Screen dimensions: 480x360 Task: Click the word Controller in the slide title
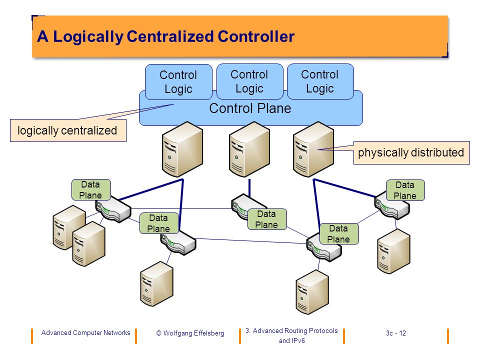pyautogui.click(x=256, y=36)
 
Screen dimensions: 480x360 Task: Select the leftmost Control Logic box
pyautogui.click(x=178, y=81)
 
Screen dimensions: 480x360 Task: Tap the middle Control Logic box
pyautogui.click(x=249, y=81)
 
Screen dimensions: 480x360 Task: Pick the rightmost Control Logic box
pyautogui.click(x=320, y=81)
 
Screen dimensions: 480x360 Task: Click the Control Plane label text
pyautogui.click(x=250, y=108)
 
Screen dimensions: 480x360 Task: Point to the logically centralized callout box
pyautogui.click(x=68, y=130)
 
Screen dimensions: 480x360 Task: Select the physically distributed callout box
pyautogui.click(x=411, y=152)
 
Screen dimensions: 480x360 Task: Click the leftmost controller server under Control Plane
pyautogui.click(x=182, y=149)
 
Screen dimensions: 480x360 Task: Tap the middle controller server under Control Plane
pyautogui.click(x=249, y=149)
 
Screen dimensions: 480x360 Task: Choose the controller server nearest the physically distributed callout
pyautogui.click(x=313, y=149)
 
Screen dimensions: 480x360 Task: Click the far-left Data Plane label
pyautogui.click(x=91, y=190)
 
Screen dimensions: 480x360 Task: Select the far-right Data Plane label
pyautogui.click(x=405, y=190)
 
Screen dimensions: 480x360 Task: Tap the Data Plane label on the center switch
pyautogui.click(x=267, y=219)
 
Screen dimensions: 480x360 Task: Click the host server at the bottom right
pyautogui.click(x=312, y=292)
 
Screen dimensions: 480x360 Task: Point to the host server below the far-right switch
pyautogui.click(x=393, y=251)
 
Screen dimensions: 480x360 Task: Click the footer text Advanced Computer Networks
pyautogui.click(x=85, y=333)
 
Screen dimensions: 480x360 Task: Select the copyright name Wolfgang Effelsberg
pyautogui.click(x=194, y=333)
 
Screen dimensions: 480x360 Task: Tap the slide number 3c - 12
pyautogui.click(x=396, y=333)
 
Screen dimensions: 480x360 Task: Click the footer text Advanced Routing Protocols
pyautogui.click(x=295, y=330)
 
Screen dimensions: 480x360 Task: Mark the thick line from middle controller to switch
pyautogui.click(x=249, y=188)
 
